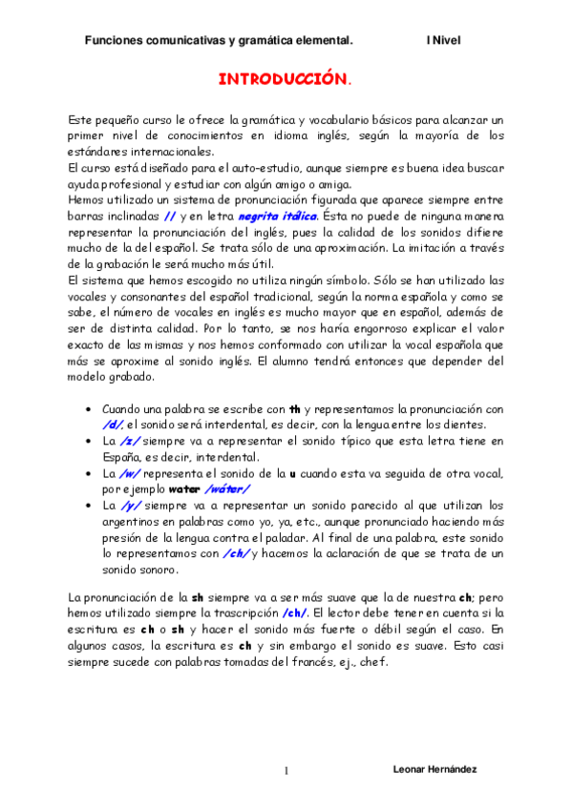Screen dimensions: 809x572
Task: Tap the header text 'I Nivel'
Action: tap(443, 41)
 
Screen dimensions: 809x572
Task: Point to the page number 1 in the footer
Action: tap(286, 770)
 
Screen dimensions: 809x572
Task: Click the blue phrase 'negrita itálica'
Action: tap(278, 218)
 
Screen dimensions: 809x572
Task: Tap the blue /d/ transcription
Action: tap(112, 424)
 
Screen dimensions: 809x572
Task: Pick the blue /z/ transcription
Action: tap(131, 441)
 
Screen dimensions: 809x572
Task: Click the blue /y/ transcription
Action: tap(130, 506)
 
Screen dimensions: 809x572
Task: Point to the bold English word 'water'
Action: tap(183, 489)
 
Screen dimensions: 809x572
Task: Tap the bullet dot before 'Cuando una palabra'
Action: tap(88, 408)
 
